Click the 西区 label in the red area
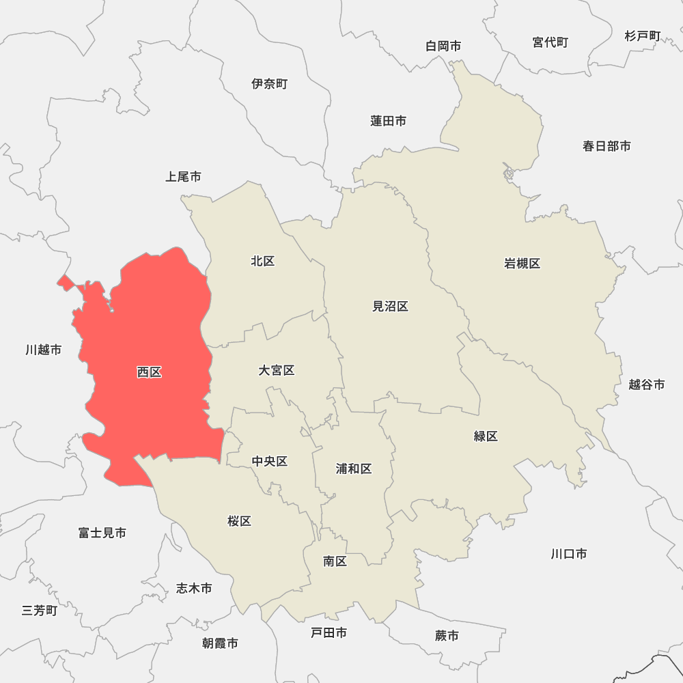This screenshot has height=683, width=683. [x=149, y=372]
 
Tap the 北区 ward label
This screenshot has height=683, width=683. [x=262, y=261]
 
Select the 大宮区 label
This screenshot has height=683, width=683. [x=276, y=370]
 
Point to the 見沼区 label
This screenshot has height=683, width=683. [x=390, y=307]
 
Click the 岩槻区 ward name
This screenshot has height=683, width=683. [x=522, y=264]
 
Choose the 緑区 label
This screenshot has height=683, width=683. [x=486, y=436]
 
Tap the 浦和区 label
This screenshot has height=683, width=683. [x=354, y=469]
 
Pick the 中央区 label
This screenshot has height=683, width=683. [x=269, y=462]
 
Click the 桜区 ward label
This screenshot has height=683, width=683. [x=239, y=521]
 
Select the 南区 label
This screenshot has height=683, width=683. [x=335, y=561]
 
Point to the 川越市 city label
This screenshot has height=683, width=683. [x=43, y=350]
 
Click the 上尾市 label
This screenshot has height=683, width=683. [x=183, y=177]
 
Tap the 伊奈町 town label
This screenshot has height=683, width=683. [x=269, y=84]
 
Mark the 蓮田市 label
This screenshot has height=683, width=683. [x=388, y=121]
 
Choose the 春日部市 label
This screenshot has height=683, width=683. [x=607, y=146]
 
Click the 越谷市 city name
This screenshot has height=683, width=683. [x=646, y=385]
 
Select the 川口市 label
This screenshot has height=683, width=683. [x=568, y=554]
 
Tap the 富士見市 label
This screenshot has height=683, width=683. [x=102, y=533]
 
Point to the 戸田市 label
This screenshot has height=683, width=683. [x=329, y=633]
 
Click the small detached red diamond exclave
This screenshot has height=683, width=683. [x=66, y=282]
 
